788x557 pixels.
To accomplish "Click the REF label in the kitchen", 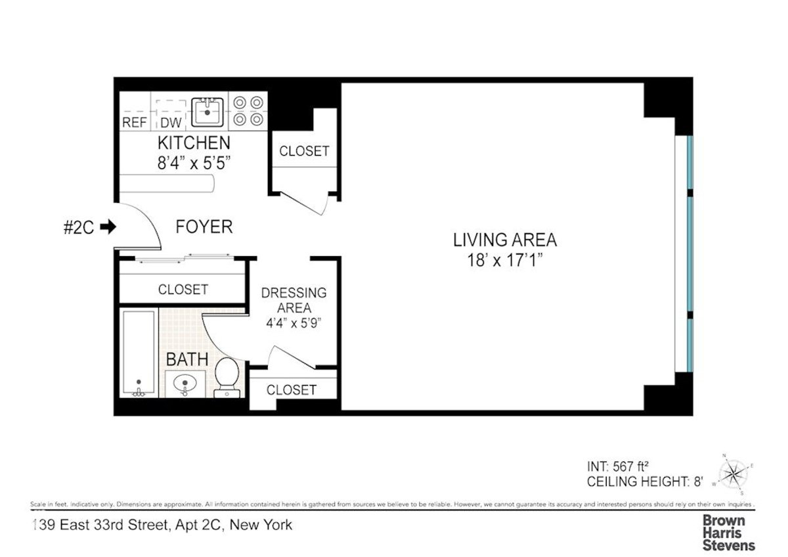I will pos(134,122).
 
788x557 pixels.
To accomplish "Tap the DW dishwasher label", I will pos(170,122).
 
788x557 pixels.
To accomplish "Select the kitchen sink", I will pos(208,112).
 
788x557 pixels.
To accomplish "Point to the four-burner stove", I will pos(249,111).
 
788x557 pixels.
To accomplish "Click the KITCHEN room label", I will pos(193,143).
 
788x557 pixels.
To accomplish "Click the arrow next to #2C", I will pos(108,227).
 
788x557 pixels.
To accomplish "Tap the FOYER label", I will pos(204,227).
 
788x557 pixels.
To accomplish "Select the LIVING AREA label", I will pos(504,239).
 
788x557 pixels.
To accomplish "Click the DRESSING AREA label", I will pos(294,300).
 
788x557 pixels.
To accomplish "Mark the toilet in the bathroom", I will pos(227,378).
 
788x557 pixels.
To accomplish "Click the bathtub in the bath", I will pos(139,353).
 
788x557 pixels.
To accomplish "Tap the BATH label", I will pos(186,359).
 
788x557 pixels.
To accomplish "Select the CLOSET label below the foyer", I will pos(183,289).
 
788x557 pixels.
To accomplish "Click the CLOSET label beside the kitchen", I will pos(304,150).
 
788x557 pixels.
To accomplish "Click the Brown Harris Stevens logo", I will pos(729,532).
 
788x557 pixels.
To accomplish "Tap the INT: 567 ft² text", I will pos(618,467).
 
